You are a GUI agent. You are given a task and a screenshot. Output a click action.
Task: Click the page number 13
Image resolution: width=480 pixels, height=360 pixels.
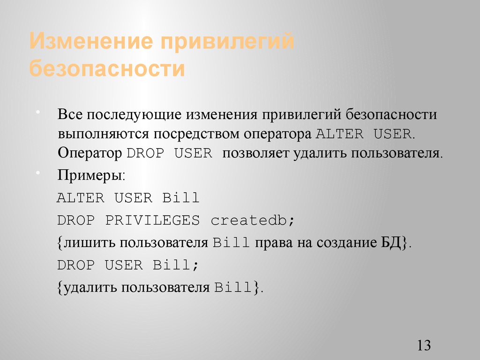[423, 346]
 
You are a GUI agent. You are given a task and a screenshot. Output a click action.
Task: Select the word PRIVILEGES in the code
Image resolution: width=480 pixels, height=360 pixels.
[152, 220]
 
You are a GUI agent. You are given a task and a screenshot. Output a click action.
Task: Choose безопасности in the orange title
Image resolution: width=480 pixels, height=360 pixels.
[107, 68]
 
